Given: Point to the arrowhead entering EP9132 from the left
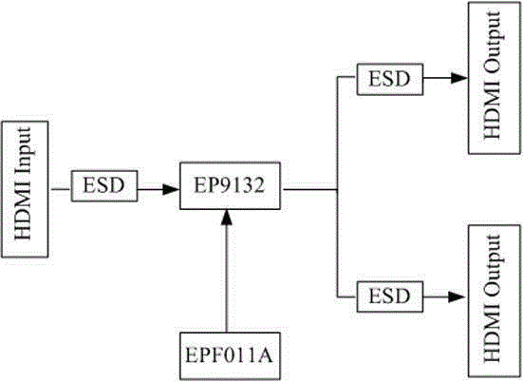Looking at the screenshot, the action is point(171,189).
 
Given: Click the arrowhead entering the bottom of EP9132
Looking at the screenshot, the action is point(227,219).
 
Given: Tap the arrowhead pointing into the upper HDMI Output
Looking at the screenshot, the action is point(459,78).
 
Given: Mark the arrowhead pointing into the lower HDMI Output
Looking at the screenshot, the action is point(457,296).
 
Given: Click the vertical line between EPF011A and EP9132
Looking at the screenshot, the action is point(227,279).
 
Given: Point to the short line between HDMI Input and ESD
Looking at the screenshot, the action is point(61,189).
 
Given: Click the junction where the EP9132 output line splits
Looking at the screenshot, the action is point(338,190).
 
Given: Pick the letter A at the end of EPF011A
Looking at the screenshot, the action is point(264,355).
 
